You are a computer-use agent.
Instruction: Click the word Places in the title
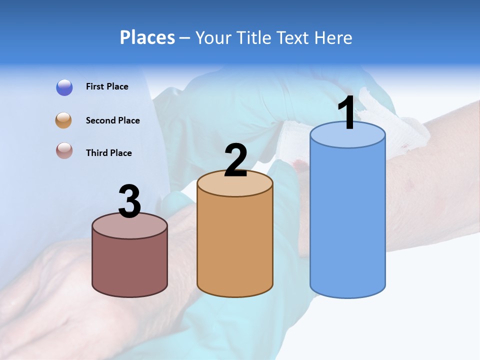click(147, 37)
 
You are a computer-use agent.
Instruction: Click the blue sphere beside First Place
click(64, 87)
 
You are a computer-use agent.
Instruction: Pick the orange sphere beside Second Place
click(63, 120)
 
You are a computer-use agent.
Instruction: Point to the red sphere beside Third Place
click(64, 151)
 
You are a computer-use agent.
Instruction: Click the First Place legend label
click(107, 86)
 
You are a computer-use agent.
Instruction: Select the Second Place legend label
click(112, 120)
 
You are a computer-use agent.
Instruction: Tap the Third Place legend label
click(108, 153)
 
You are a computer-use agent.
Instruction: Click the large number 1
click(346, 113)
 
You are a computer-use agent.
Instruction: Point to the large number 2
click(236, 160)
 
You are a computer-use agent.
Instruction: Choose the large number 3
click(130, 202)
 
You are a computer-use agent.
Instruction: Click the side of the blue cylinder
click(347, 220)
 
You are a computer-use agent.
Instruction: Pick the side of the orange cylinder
click(235, 245)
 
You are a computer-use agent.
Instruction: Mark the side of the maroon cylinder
click(130, 265)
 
